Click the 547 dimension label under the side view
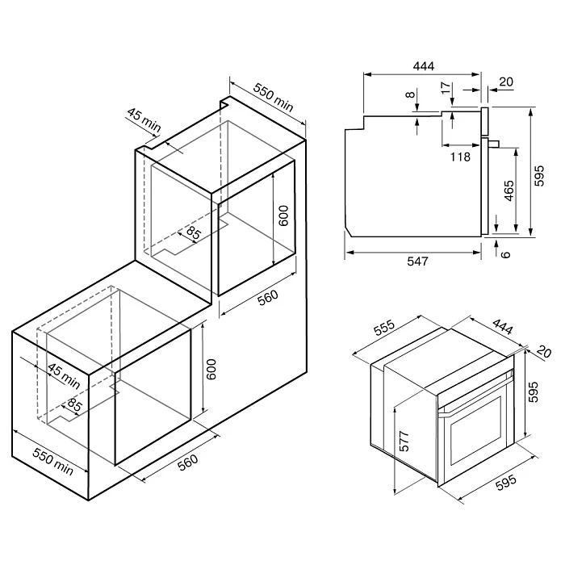coord(417,261)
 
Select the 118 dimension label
coord(460,157)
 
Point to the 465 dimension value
coord(508,190)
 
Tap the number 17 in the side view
coord(446,87)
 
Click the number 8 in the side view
coord(410,94)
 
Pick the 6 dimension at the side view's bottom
coord(506,254)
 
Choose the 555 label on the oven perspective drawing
coord(384,328)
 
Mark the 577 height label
coord(404,441)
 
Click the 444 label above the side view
coord(424,66)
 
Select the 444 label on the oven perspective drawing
coord(502,326)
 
